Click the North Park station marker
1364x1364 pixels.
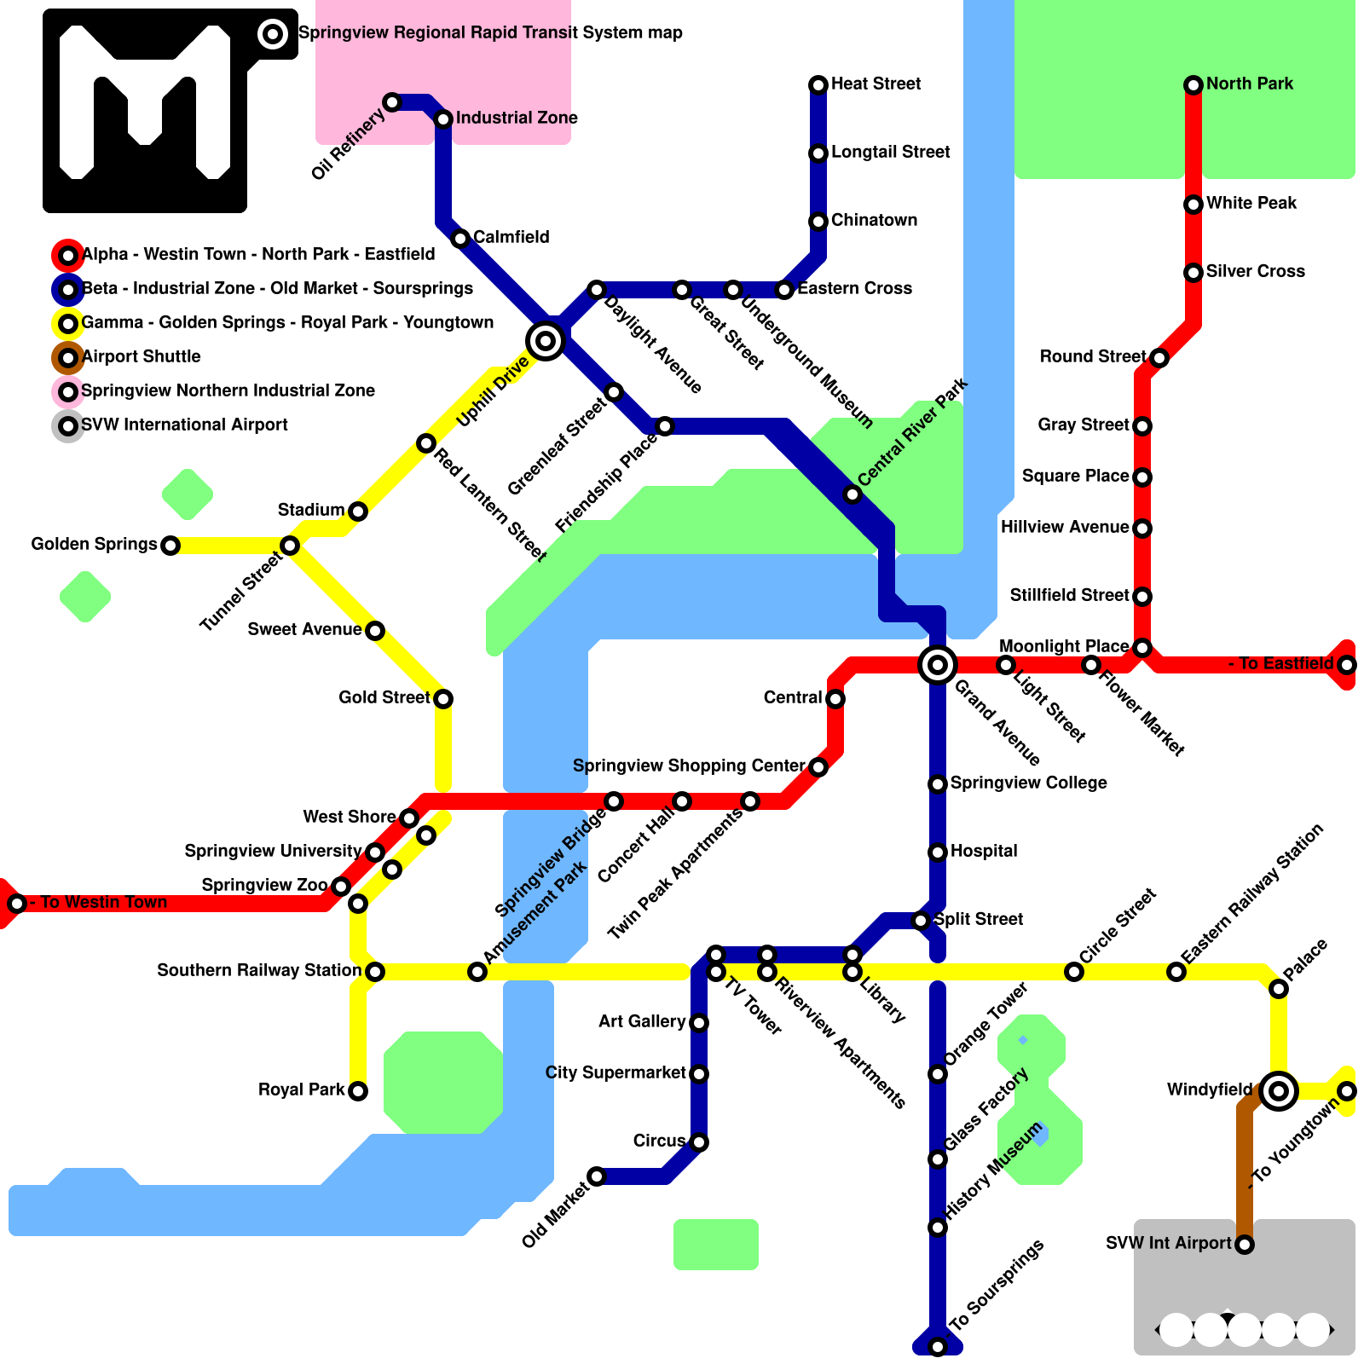tap(1193, 84)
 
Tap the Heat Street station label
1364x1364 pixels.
tap(876, 84)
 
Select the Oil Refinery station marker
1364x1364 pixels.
tap(392, 102)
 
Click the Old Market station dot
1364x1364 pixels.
tap(597, 1176)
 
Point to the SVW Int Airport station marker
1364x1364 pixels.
tap(1245, 1245)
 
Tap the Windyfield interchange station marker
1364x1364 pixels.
tap(1278, 1090)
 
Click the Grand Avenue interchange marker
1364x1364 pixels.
tap(938, 664)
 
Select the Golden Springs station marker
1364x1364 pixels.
tap(170, 546)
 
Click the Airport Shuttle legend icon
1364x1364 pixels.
tap(68, 357)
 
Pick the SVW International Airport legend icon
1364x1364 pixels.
tap(68, 425)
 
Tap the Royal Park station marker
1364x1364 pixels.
tap(358, 1091)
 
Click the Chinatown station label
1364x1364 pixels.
tap(874, 220)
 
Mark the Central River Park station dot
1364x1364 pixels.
tap(852, 494)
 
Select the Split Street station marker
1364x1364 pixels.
tap(921, 921)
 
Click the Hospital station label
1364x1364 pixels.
tap(983, 851)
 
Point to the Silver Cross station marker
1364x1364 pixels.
tap(1193, 273)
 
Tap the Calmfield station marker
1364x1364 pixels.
tap(460, 239)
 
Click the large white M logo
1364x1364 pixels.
tap(145, 102)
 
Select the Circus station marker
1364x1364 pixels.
tap(699, 1142)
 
